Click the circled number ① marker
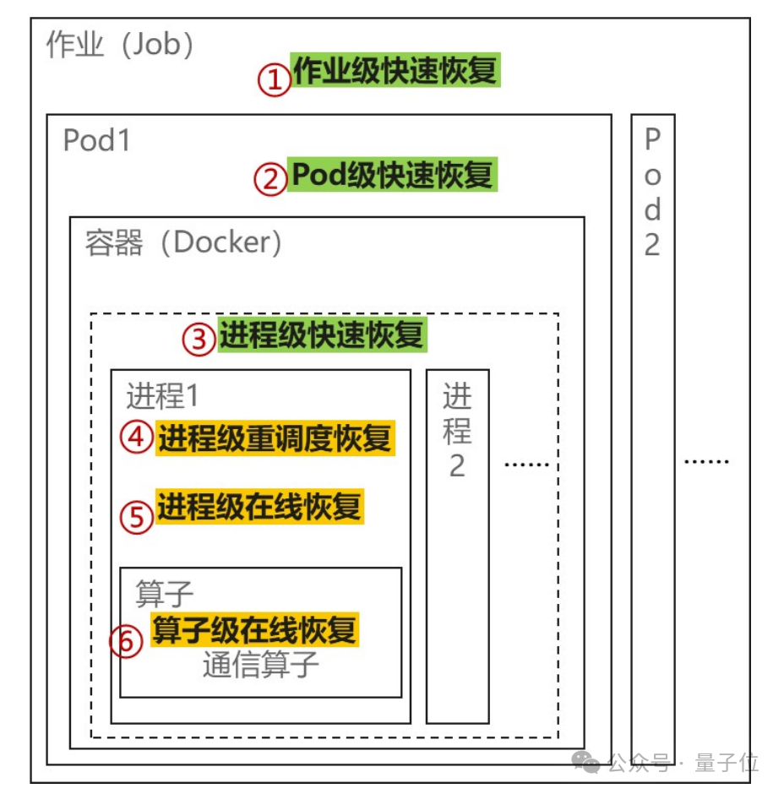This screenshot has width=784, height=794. click(x=274, y=81)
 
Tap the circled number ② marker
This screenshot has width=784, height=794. click(x=271, y=179)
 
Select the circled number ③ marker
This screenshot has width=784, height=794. click(x=199, y=340)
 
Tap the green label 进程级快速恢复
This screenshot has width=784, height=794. click(x=322, y=335)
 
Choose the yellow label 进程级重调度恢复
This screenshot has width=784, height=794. click(x=275, y=439)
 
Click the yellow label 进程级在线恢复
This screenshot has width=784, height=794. click(x=259, y=507)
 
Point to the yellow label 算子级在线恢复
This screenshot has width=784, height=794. click(x=254, y=630)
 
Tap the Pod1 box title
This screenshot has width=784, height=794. click(x=97, y=140)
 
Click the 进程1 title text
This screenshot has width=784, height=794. click(x=162, y=395)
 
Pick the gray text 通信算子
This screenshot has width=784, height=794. click(x=261, y=666)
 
